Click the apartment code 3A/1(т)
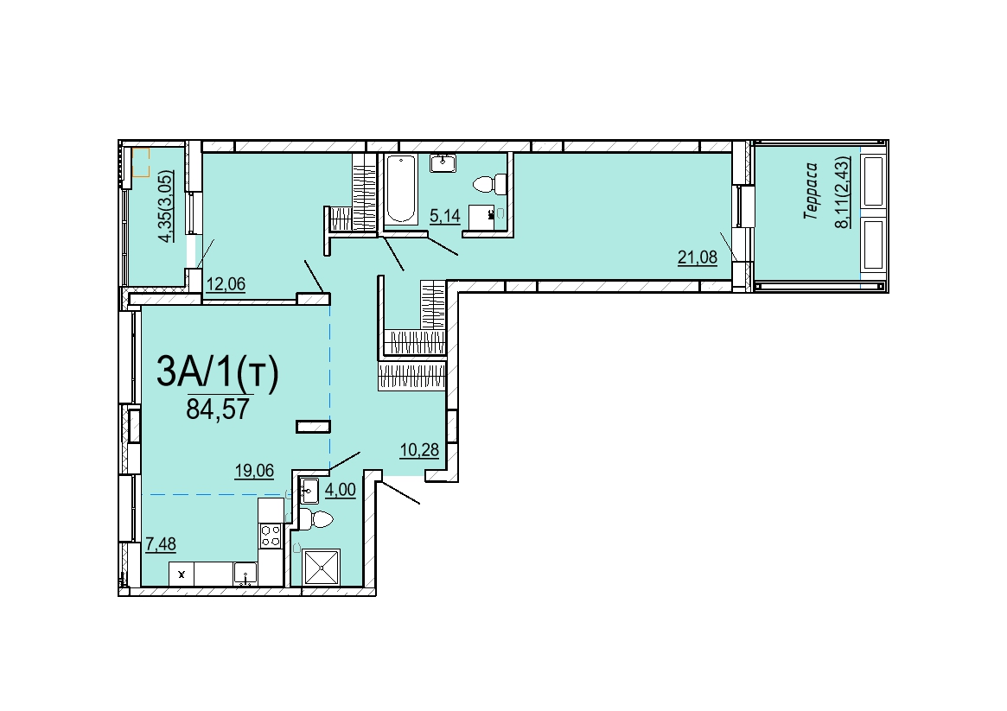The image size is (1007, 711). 218,372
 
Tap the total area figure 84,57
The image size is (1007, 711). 218,409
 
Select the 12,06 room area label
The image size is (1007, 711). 226,283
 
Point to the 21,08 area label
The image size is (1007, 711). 698,258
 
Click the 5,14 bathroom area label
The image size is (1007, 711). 445,216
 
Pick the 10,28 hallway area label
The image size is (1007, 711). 419,450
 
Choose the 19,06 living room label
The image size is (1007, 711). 254,471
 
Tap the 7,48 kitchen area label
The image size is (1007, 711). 161,544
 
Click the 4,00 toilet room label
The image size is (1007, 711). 341,490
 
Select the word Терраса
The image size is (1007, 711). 811,191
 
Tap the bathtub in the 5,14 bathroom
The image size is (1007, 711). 401,188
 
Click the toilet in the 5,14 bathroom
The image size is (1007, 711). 489,185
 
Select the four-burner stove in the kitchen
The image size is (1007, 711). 271,535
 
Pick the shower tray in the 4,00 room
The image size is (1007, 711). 322,568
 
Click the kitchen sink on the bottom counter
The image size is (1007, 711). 245,574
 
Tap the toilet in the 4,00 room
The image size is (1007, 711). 316,518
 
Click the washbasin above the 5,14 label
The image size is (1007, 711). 443,163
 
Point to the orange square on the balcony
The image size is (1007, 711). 141,162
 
